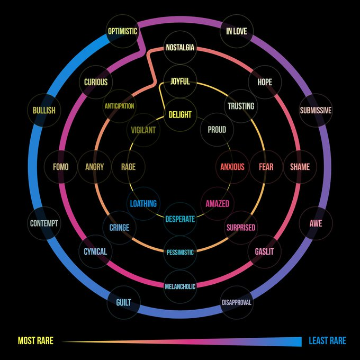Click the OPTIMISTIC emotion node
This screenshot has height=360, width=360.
pyautogui.click(x=122, y=31)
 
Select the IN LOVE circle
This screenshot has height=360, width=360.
pyautogui.click(x=236, y=31)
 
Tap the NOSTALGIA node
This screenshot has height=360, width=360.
pyautogui.click(x=180, y=48)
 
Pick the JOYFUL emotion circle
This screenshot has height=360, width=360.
pyautogui.click(x=180, y=82)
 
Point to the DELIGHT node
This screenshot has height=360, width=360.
pyautogui.click(x=180, y=114)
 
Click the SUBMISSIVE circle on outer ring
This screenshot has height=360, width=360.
pyautogui.click(x=316, y=111)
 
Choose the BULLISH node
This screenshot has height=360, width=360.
pyautogui.click(x=44, y=111)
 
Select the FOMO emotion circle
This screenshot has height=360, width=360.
pyautogui.click(x=60, y=167)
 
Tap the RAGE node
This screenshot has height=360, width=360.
pyautogui.click(x=128, y=167)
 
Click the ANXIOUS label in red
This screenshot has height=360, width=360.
pyautogui.click(x=232, y=167)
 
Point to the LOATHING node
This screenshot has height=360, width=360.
pyautogui.click(x=143, y=203)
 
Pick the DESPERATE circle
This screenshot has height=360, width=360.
pyautogui.click(x=180, y=219)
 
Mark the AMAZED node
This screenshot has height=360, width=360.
pyautogui.click(x=218, y=203)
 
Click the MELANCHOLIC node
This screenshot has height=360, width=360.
pyautogui.click(x=180, y=286)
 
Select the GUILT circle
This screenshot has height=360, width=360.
pyautogui.click(x=123, y=303)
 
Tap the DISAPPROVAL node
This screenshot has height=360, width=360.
pyautogui.click(x=236, y=303)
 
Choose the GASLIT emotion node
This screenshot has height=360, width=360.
pyautogui.click(x=264, y=251)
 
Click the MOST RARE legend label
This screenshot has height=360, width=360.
pyautogui.click(x=35, y=341)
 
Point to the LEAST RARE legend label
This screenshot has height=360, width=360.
pyautogui.click(x=327, y=341)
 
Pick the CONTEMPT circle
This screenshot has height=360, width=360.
pyautogui.click(x=44, y=223)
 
